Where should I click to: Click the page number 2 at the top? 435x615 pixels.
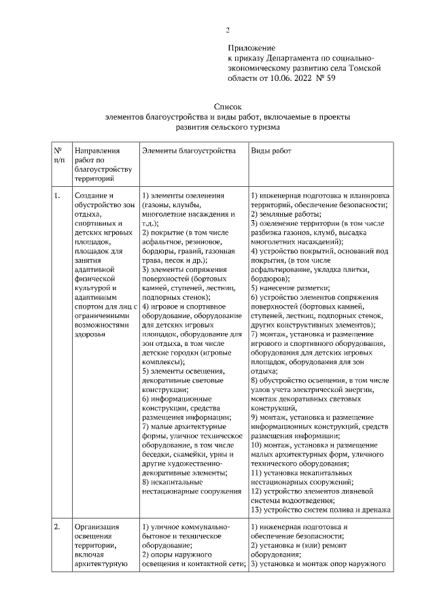(228, 30)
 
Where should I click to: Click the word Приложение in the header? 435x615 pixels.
(251, 48)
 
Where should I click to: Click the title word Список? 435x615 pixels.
(228, 107)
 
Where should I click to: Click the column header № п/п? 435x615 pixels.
(58, 155)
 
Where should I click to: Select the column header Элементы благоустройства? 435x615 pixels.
(189, 150)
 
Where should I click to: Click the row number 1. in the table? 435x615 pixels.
(57, 196)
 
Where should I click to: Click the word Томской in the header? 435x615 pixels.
(374, 68)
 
